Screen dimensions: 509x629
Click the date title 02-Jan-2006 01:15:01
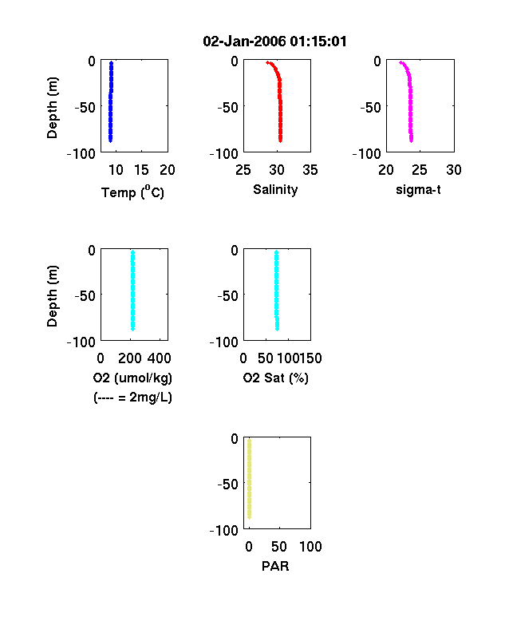tap(274, 42)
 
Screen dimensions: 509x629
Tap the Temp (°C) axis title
tap(132, 192)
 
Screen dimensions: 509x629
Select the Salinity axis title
tap(275, 189)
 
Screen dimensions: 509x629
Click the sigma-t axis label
tap(418, 189)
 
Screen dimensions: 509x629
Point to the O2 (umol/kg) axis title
tap(132, 378)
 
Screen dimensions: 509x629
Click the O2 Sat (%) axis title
tap(276, 378)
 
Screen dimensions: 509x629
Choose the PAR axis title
tap(275, 566)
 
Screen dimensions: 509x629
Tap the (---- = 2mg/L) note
tap(132, 398)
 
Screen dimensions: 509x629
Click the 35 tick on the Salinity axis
tap(310, 170)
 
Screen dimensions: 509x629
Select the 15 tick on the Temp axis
tap(141, 170)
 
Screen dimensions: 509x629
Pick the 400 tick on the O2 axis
tap(160, 358)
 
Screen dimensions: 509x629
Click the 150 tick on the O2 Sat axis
tap(310, 358)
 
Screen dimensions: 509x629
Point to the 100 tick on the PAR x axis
tap(310, 547)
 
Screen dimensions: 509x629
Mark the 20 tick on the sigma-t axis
tap(386, 170)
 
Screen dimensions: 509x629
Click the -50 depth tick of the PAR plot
tap(227, 485)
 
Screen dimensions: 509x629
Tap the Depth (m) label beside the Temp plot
tap(52, 108)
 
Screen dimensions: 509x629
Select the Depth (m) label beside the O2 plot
tap(52, 296)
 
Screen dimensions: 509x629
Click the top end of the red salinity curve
tap(267, 62)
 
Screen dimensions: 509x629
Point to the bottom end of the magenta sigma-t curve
tap(411, 140)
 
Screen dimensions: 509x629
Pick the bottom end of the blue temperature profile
tap(111, 140)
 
